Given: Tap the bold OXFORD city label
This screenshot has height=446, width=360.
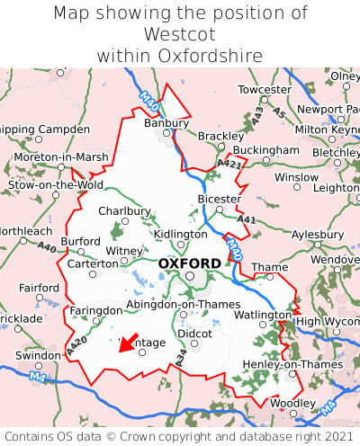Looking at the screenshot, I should [x=189, y=263].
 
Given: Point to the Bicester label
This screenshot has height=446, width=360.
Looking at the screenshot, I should [x=219, y=199].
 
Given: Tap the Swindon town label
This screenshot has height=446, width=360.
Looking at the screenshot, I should [x=37, y=355].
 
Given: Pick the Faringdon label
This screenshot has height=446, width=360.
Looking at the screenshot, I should [x=95, y=310].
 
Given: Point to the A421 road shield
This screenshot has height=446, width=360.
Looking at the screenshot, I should [x=229, y=163].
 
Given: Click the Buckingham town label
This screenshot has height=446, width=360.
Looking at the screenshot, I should [x=265, y=149].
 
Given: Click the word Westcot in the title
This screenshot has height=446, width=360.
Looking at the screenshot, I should [x=180, y=34].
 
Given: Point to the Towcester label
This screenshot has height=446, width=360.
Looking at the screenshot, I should [x=264, y=90].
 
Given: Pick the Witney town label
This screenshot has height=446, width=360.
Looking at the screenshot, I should [x=124, y=251].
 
